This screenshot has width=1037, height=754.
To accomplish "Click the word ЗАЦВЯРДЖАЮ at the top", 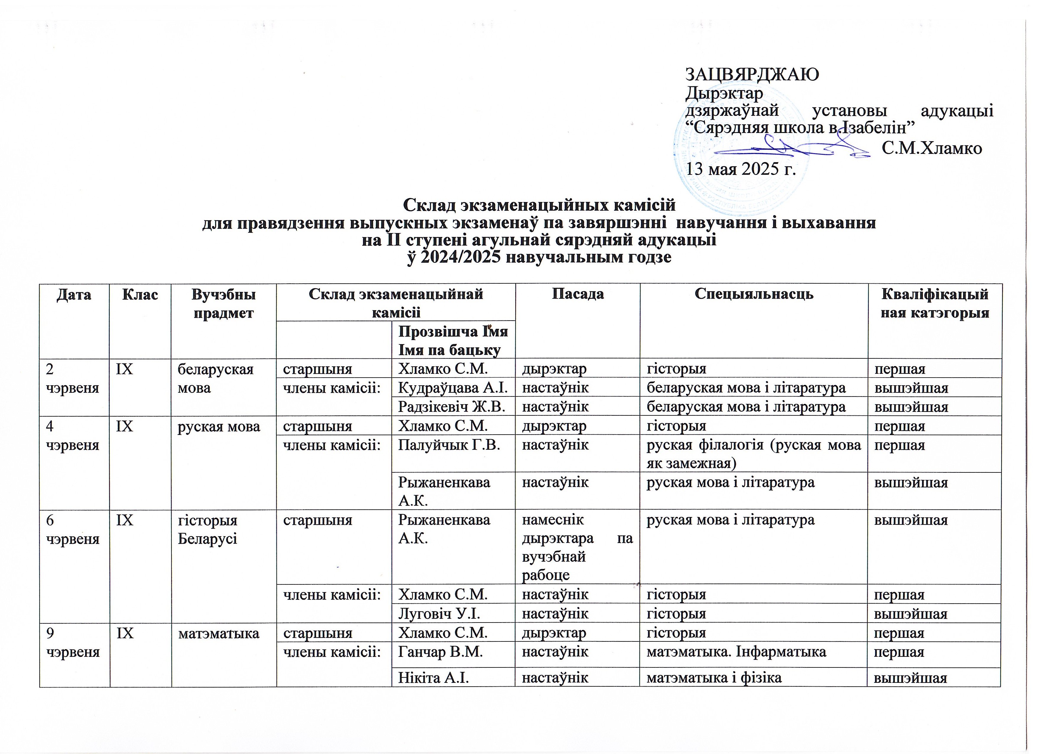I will pos(752,74).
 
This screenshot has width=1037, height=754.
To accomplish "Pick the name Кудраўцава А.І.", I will pos(453,388).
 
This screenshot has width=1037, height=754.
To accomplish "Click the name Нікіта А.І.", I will pos(433,677).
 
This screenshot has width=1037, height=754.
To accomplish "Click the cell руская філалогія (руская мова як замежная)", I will pos(754,453).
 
